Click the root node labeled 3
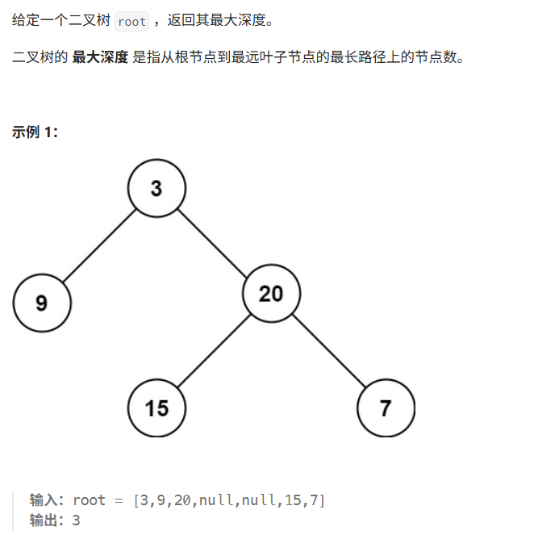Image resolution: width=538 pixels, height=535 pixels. tap(156, 189)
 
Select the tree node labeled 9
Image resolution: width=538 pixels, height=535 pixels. tap(42, 303)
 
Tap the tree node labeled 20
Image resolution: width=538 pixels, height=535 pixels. tap(271, 293)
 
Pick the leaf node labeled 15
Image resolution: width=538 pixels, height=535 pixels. tap(156, 408)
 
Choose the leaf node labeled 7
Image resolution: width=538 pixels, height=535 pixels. tap(386, 408)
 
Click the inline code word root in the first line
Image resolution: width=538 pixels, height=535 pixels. tap(131, 22)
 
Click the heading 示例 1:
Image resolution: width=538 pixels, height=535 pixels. tap(35, 132)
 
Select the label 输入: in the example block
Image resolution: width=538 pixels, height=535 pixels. tap(48, 499)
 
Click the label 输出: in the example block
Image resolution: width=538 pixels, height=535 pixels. tap(48, 520)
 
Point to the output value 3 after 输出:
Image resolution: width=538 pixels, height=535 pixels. tap(77, 520)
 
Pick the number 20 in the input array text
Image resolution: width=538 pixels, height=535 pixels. tap(182, 499)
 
